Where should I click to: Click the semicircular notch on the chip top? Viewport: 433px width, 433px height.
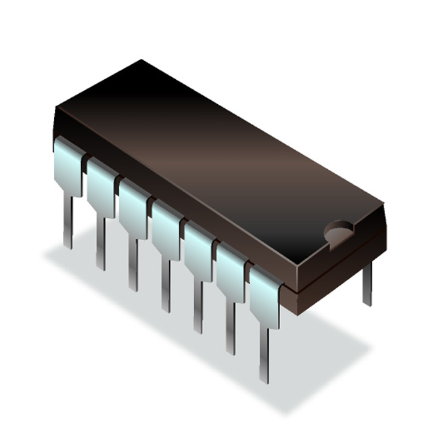point(338,233)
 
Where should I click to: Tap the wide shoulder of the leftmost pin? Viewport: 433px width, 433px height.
point(68,166)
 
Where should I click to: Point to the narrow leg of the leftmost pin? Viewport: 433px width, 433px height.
point(68,220)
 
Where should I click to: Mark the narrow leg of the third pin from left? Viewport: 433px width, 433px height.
point(133,264)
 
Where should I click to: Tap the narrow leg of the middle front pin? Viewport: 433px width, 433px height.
point(165,285)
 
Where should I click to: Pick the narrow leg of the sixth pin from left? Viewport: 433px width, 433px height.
point(230,327)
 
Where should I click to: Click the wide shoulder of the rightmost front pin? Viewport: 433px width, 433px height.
point(264,294)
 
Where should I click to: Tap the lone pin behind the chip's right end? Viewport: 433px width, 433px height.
point(367,284)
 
